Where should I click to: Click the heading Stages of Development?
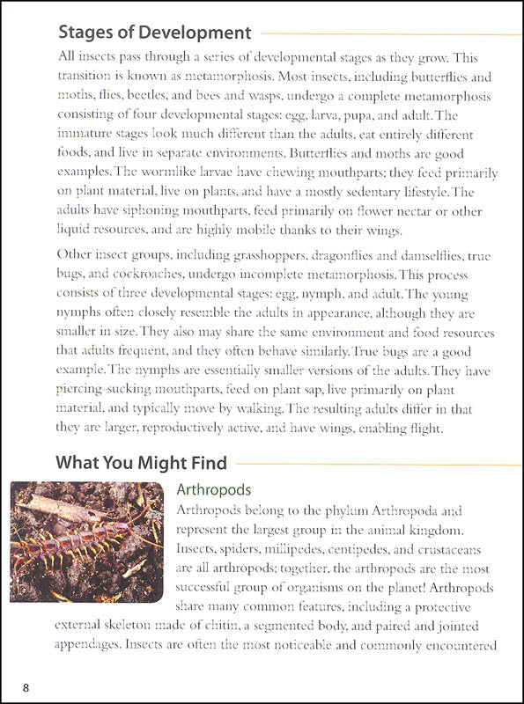coord(154,33)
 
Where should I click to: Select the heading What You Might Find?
coord(141,463)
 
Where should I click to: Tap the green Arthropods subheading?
coord(214,489)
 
